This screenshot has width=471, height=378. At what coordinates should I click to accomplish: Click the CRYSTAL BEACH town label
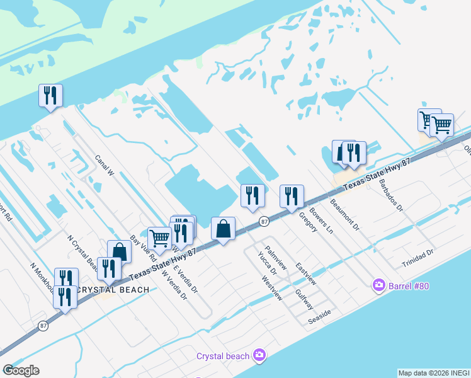click(x=113, y=290)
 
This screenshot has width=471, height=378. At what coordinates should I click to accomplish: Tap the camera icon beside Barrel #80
click(x=378, y=285)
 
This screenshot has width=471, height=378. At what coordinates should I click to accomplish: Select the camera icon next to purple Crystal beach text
click(x=259, y=356)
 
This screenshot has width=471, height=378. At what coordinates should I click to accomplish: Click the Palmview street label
click(x=276, y=258)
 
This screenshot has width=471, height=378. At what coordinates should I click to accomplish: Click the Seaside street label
click(x=319, y=316)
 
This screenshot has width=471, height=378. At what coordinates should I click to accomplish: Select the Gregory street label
click(x=308, y=222)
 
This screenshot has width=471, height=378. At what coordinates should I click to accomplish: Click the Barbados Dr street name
click(x=390, y=195)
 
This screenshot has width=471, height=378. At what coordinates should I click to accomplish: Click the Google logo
click(x=21, y=370)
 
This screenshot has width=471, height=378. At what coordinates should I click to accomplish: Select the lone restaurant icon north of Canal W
click(x=49, y=96)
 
